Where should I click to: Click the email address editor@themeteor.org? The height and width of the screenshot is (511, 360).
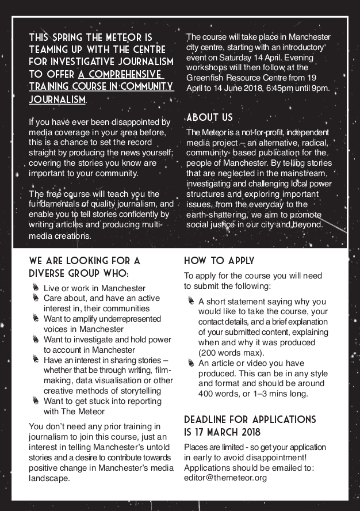pos(225,478)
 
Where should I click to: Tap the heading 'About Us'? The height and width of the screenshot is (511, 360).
pos(209,117)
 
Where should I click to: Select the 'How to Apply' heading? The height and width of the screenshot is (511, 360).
pos(219,261)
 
